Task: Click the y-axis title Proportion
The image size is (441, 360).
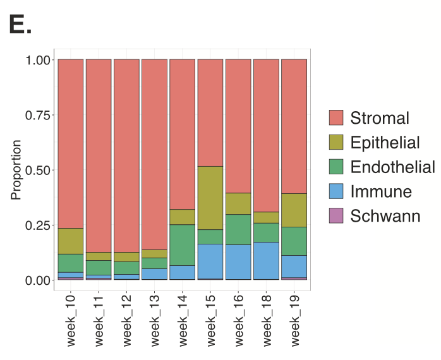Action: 16,170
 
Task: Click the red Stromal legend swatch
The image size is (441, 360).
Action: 336,118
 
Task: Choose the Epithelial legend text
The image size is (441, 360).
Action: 385,143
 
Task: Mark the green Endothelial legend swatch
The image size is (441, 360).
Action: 336,167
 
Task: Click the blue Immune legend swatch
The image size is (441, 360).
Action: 336,192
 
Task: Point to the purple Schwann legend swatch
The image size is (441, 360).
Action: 336,217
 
